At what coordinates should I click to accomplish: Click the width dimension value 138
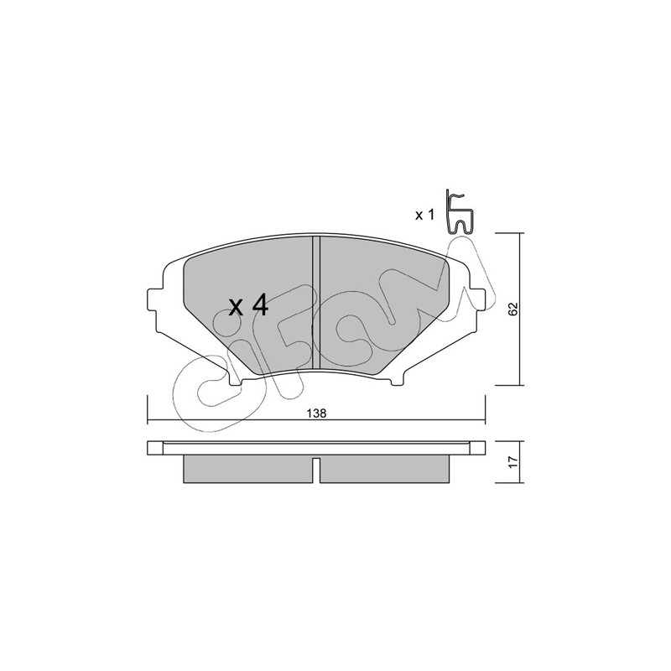point(317,414)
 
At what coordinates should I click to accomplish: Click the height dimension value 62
point(513,309)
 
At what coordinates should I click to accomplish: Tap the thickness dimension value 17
point(513,462)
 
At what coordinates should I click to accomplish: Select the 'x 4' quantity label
point(248,305)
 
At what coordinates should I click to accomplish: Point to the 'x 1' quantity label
point(424,216)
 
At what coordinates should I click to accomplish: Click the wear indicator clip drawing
point(459,213)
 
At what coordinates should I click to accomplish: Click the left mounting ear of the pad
point(156,301)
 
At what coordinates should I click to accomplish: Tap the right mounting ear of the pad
point(476,301)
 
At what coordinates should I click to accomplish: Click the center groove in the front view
point(316,302)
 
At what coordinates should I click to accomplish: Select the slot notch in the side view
point(316,471)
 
